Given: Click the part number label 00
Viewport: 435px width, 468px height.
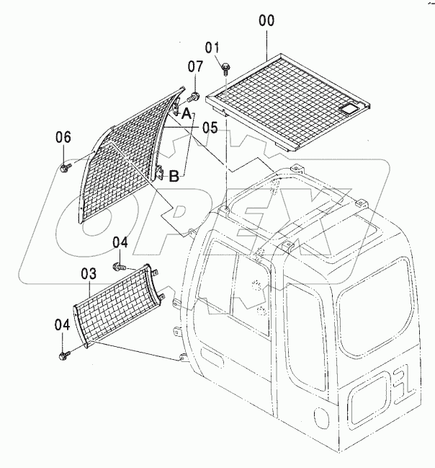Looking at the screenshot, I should pos(266,21).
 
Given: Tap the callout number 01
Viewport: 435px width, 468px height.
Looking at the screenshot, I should pos(212,48).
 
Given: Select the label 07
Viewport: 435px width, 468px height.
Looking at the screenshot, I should pos(196,67).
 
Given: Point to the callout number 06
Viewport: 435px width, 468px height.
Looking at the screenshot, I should pos(63,137).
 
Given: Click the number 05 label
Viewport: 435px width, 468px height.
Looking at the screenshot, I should pos(210,128).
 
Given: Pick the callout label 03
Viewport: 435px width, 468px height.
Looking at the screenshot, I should pos(88,273).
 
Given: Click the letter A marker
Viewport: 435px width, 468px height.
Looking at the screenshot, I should pos(186,114).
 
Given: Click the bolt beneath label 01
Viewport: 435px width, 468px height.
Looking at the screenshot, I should pos(225,69).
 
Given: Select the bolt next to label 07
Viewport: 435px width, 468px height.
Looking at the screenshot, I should pos(194,95).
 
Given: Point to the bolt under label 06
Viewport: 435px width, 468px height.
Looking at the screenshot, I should pos(64,167).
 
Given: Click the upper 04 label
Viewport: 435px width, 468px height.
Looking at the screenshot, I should pos(120,242).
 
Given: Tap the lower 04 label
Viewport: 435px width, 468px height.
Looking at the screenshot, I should pos(63,324).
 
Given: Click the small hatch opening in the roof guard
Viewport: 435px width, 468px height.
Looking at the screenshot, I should pos(351,108).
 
